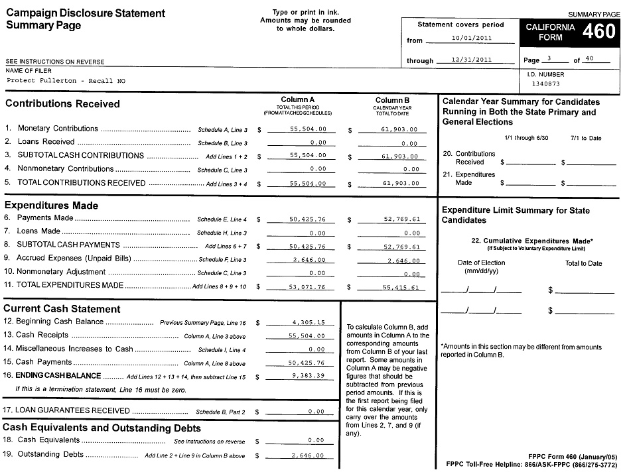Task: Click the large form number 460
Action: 598,31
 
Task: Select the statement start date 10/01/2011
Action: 471,38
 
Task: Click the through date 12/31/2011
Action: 471,59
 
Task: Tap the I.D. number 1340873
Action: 546,84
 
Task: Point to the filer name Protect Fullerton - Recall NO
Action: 66,81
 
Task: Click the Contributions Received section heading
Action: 62,104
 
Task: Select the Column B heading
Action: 391,100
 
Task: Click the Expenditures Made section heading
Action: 51,206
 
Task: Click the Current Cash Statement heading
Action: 62,309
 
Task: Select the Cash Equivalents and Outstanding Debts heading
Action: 98,428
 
